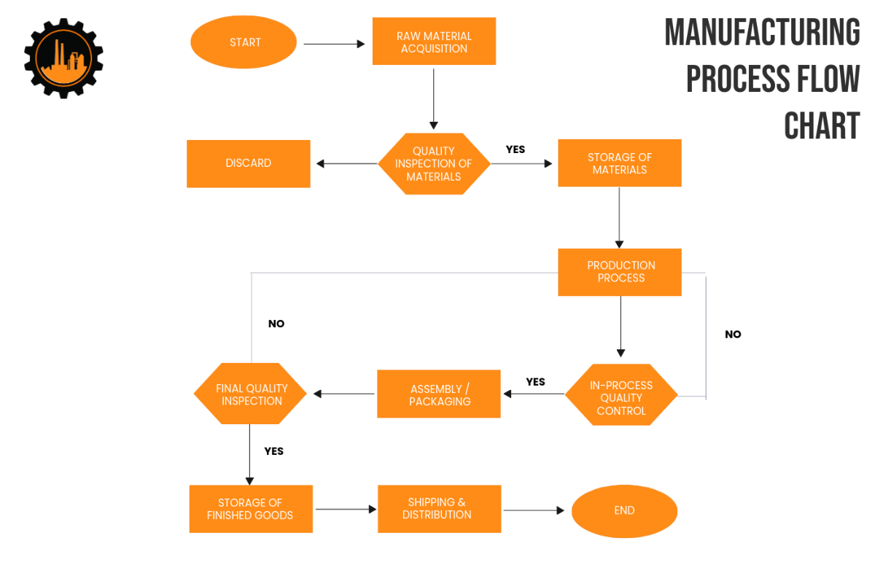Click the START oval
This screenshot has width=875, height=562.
pos(244,42)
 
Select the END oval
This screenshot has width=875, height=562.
pos(624,511)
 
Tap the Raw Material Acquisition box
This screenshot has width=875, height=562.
pos(434,42)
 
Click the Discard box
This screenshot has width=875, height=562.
pos(249,163)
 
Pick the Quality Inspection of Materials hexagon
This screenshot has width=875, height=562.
pos(434,164)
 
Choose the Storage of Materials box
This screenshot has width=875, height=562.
pos(620,163)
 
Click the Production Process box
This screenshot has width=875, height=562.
pos(620,272)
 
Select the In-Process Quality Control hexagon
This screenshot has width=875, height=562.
pos(621,398)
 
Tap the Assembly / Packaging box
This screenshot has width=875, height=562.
pos(439,394)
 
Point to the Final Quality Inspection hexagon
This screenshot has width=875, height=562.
pos(252,394)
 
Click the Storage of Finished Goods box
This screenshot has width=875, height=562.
pos(250,509)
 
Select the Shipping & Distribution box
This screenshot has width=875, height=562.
pos(439,509)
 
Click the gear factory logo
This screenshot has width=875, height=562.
pos(63,58)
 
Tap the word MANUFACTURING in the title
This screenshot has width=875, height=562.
pos(762,33)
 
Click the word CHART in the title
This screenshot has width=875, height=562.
pos(822,126)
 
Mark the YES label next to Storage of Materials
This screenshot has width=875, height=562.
pos(516,149)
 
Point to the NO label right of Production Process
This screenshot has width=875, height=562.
pos(733,335)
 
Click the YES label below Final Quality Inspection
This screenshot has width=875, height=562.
pos(273,451)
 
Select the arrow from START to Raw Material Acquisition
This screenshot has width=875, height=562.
pos(334,44)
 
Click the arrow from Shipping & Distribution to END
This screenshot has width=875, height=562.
pos(534,510)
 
